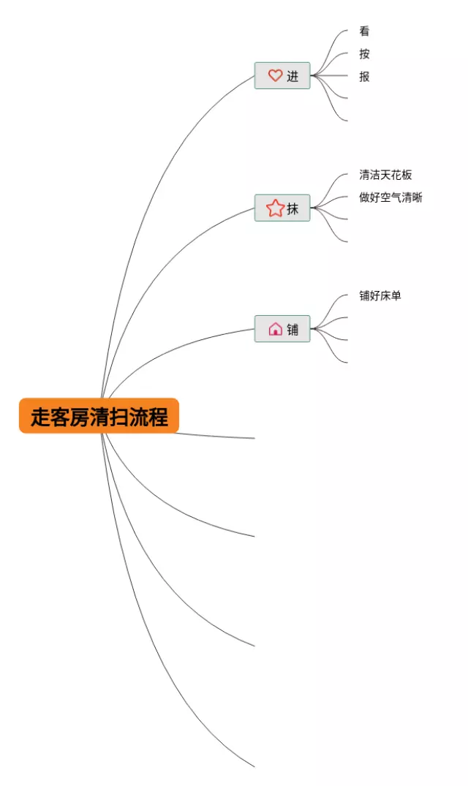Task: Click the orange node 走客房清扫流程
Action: [99, 416]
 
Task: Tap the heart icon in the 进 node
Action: [275, 75]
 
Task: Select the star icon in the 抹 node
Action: [275, 208]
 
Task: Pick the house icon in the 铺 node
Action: [275, 329]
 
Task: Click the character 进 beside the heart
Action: [292, 76]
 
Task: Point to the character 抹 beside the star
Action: [292, 208]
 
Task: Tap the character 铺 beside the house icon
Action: [292, 329]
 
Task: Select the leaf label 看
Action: [364, 31]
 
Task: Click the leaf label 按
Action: [364, 54]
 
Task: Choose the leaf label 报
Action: [364, 76]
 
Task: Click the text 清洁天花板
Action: [385, 175]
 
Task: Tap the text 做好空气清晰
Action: [390, 197]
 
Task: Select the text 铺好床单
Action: [380, 295]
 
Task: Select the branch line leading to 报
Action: [333, 75]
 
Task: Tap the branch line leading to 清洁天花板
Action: [333, 182]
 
